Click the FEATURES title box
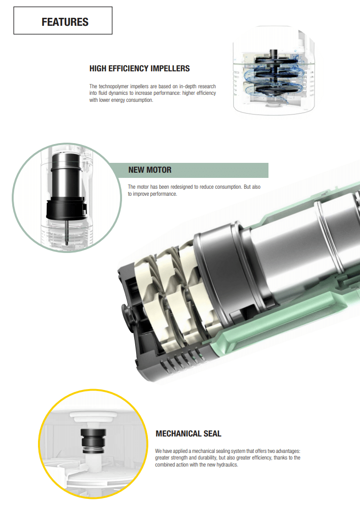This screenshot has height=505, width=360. click(x=63, y=21)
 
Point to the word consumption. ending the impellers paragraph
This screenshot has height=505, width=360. click(x=140, y=100)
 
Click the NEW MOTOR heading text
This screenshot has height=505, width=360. click(x=150, y=170)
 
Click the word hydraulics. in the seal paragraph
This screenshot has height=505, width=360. click(x=227, y=465)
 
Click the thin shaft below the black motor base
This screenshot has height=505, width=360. click(x=67, y=231)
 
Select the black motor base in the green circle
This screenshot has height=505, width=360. click(x=67, y=209)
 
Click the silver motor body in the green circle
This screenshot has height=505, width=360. click(x=67, y=176)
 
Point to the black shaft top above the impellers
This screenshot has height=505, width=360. click(x=273, y=54)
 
